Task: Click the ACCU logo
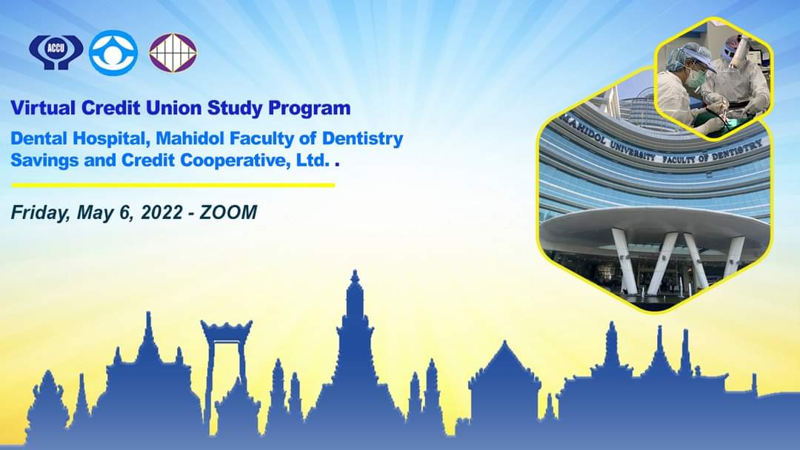coord(56,52)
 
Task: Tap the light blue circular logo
coord(113,53)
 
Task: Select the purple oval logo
coord(173,53)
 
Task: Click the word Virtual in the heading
coord(44,108)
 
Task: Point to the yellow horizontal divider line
coord(173,186)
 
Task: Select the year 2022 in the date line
coord(161,212)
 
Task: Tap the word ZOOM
coord(229,212)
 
